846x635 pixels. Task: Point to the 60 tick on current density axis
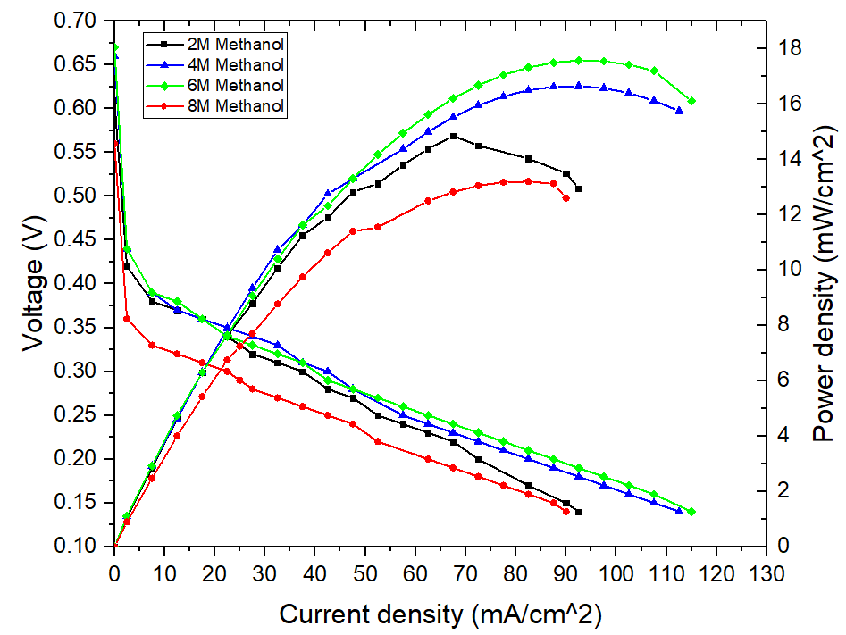pyautogui.click(x=415, y=570)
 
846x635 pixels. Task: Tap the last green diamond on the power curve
pyautogui.click(x=691, y=101)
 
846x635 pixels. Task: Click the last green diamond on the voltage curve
pyautogui.click(x=691, y=512)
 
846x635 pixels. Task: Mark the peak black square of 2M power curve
pyautogui.click(x=454, y=136)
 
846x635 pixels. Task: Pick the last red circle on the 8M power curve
pyautogui.click(x=566, y=198)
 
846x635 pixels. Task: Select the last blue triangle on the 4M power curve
pyautogui.click(x=680, y=111)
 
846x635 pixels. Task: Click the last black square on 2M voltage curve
pyautogui.click(x=579, y=512)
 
